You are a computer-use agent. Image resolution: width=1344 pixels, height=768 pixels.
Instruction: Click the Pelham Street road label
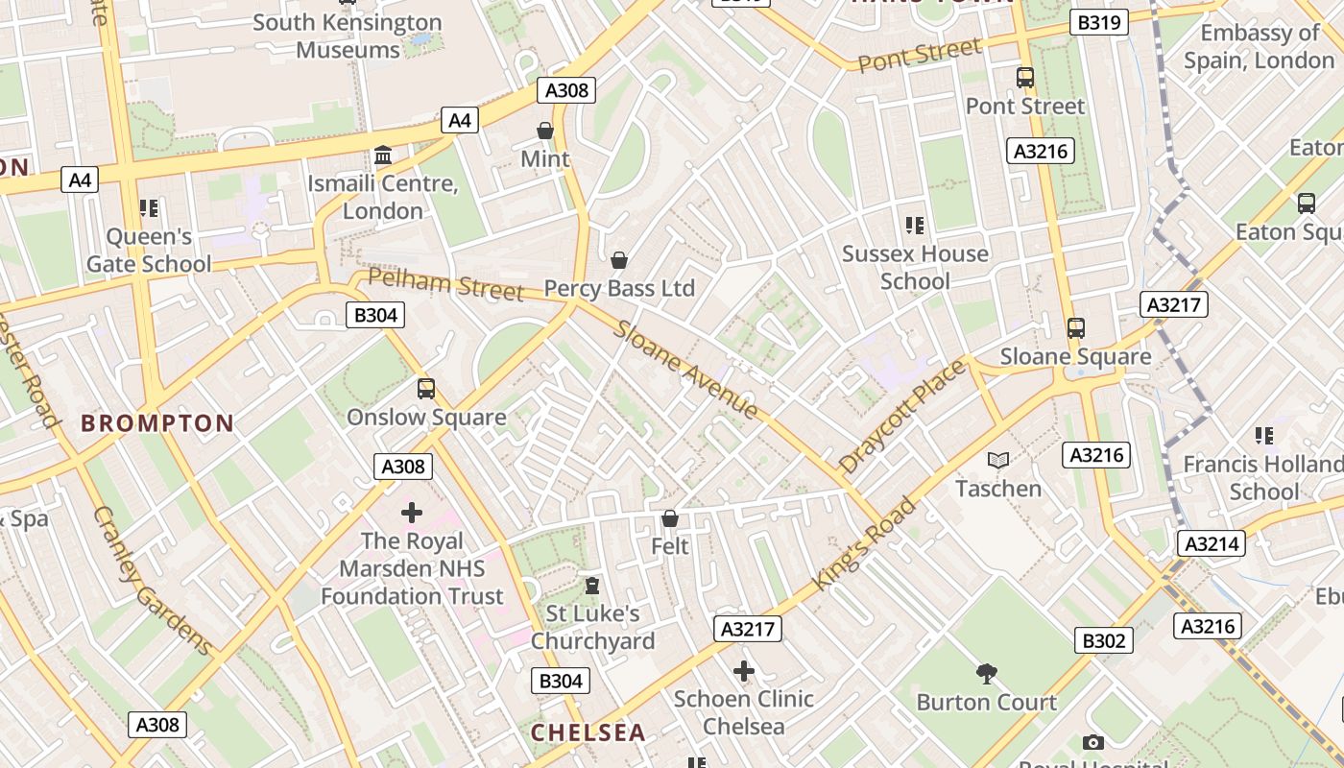[446, 285]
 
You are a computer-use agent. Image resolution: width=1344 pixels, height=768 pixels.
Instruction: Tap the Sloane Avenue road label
[686, 370]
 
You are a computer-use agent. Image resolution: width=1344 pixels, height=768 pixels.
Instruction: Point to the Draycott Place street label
[901, 417]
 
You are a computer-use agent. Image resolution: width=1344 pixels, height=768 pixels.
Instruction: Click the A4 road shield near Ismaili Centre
[460, 120]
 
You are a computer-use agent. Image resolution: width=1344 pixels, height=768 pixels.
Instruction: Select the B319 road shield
[1098, 22]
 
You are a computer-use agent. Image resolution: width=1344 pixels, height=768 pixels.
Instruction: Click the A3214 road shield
[1212, 544]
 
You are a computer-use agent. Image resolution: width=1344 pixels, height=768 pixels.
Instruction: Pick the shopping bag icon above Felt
[670, 518]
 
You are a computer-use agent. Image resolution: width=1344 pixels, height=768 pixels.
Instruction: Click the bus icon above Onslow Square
[426, 389]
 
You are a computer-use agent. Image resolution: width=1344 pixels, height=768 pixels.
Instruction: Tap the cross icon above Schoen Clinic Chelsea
[743, 671]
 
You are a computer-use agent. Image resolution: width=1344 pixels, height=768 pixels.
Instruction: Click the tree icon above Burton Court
[986, 673]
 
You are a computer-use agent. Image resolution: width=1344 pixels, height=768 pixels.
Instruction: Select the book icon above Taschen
[998, 461]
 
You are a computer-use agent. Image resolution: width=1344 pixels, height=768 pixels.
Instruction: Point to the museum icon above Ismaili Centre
[383, 156]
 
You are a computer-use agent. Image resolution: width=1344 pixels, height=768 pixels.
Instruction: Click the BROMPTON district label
[157, 423]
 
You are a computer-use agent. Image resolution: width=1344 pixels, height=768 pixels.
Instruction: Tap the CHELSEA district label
[588, 732]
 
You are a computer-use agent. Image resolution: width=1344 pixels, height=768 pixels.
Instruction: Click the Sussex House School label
[915, 267]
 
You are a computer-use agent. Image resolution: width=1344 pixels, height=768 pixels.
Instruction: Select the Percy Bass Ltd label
[619, 288]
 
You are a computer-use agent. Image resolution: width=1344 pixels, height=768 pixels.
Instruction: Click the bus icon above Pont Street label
[1025, 78]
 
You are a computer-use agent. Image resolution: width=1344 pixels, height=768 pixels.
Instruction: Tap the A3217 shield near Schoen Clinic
[748, 629]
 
